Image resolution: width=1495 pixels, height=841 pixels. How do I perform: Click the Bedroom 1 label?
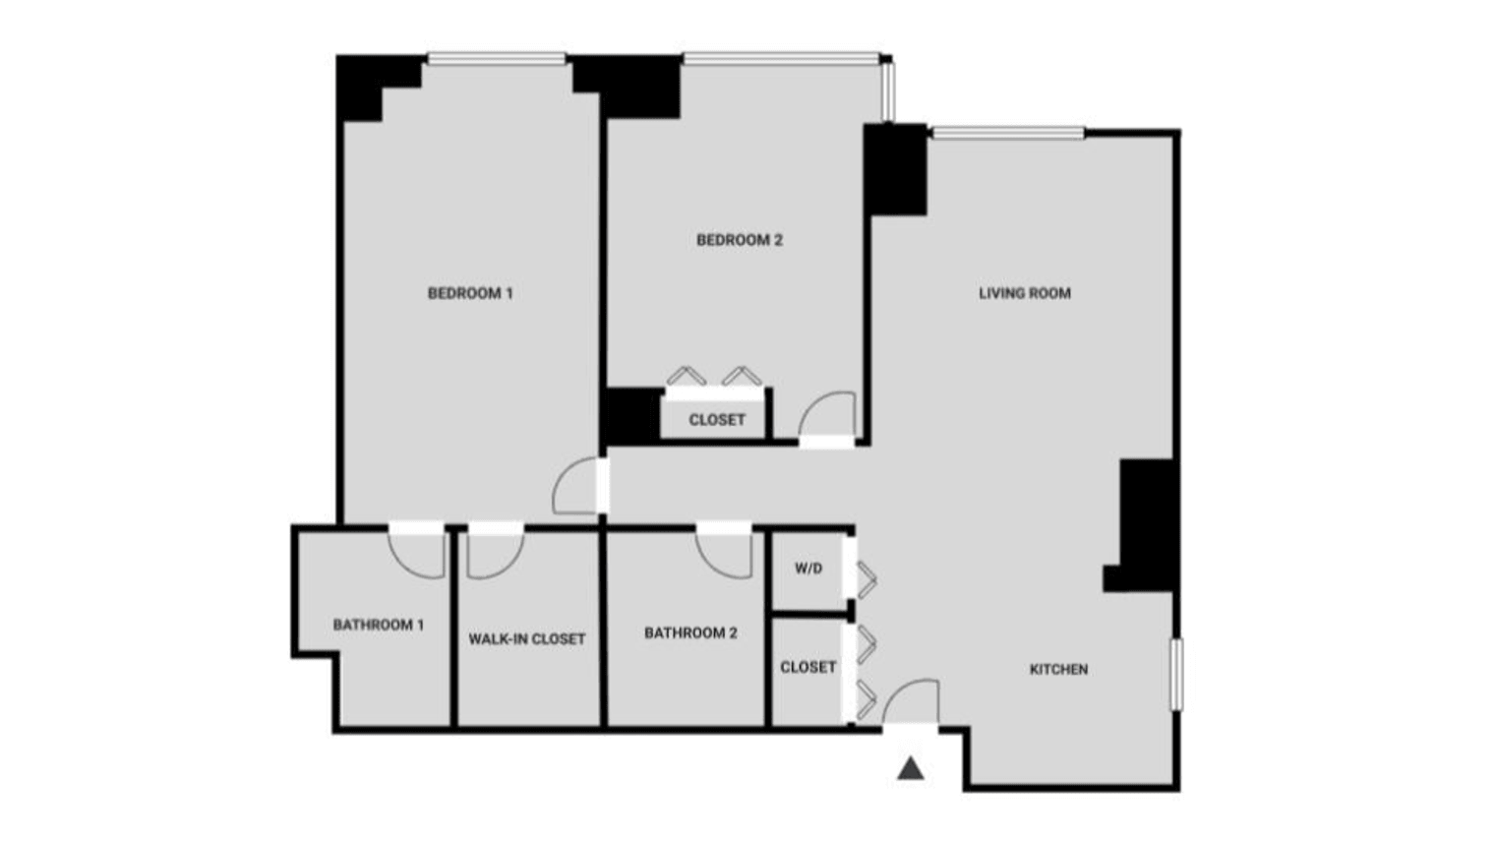pyautogui.click(x=470, y=293)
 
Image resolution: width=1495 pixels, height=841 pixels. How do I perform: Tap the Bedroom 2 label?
pyautogui.click(x=740, y=240)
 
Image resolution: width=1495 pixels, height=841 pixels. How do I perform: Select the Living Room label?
pyautogui.click(x=1024, y=293)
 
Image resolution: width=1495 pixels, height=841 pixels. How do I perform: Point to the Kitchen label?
pyautogui.click(x=1058, y=670)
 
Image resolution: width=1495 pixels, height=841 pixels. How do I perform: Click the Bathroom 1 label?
pyautogui.click(x=379, y=626)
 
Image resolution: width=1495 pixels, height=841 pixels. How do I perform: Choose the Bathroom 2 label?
pyautogui.click(x=690, y=633)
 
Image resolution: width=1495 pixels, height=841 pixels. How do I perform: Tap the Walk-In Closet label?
pyautogui.click(x=527, y=639)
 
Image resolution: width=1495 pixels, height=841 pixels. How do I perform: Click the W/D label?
pyautogui.click(x=808, y=569)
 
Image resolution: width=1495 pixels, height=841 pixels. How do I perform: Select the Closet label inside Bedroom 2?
pyautogui.click(x=717, y=420)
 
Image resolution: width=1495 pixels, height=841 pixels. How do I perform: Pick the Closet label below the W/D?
pyautogui.click(x=808, y=667)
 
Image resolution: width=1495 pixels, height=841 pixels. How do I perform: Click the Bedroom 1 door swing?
pyautogui.click(x=576, y=488)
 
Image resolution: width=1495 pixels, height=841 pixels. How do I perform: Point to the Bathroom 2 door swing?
pyautogui.click(x=726, y=553)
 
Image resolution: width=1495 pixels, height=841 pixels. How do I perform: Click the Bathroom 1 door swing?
pyautogui.click(x=418, y=553)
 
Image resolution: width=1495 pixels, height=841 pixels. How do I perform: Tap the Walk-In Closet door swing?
pyautogui.click(x=494, y=554)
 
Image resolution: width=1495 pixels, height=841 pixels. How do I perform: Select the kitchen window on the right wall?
pyautogui.click(x=1176, y=674)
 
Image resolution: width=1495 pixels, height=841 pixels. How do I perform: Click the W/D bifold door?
pyautogui.click(x=866, y=580)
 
